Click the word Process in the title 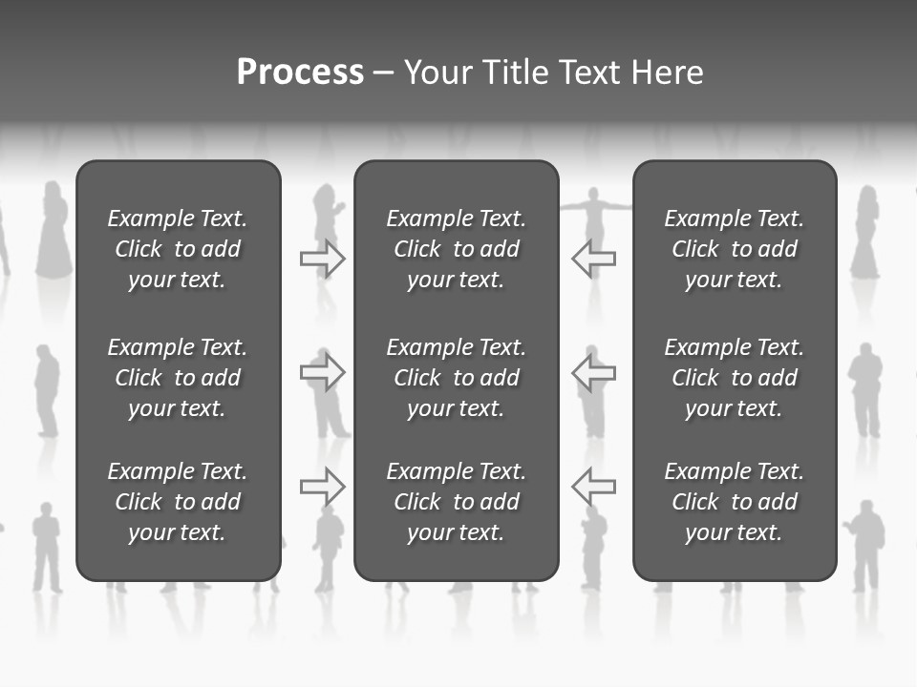[300, 73]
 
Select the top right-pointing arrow [322, 258]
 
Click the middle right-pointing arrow [322, 372]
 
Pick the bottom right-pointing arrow [322, 487]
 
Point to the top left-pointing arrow [593, 258]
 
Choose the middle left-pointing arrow [593, 372]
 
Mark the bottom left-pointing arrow [593, 487]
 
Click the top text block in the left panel [178, 249]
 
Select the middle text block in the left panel [178, 378]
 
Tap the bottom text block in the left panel [178, 502]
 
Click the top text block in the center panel [457, 249]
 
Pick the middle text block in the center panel [457, 378]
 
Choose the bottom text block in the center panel [457, 502]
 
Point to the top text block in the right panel [735, 249]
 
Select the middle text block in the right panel [735, 378]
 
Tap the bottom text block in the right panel [735, 502]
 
